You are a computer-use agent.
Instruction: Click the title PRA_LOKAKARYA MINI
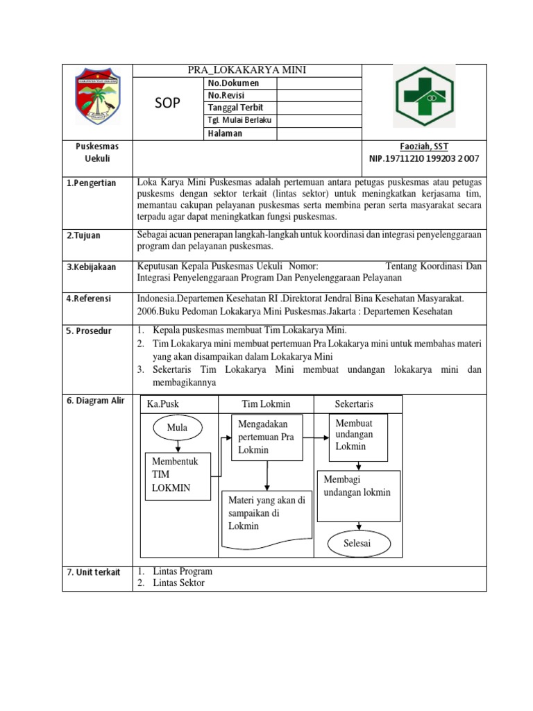[x=247, y=70]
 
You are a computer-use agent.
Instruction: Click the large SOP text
[x=167, y=103]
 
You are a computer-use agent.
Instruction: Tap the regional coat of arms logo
[x=97, y=97]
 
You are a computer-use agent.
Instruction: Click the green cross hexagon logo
[x=424, y=97]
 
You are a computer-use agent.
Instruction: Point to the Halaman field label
[x=225, y=133]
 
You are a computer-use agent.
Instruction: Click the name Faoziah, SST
[x=424, y=147]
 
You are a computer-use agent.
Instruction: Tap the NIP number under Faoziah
[x=424, y=159]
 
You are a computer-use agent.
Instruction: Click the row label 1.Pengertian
[x=91, y=183]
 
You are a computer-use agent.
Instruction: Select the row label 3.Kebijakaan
[x=92, y=267]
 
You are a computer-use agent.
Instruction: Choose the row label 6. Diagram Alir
[x=95, y=401]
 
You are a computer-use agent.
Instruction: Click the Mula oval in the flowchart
[x=178, y=428]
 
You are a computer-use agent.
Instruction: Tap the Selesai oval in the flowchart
[x=357, y=543]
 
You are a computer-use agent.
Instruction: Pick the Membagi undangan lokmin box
[x=358, y=495]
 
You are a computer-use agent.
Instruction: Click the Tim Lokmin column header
[x=266, y=404]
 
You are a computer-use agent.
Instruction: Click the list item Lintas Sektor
[x=178, y=583]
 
